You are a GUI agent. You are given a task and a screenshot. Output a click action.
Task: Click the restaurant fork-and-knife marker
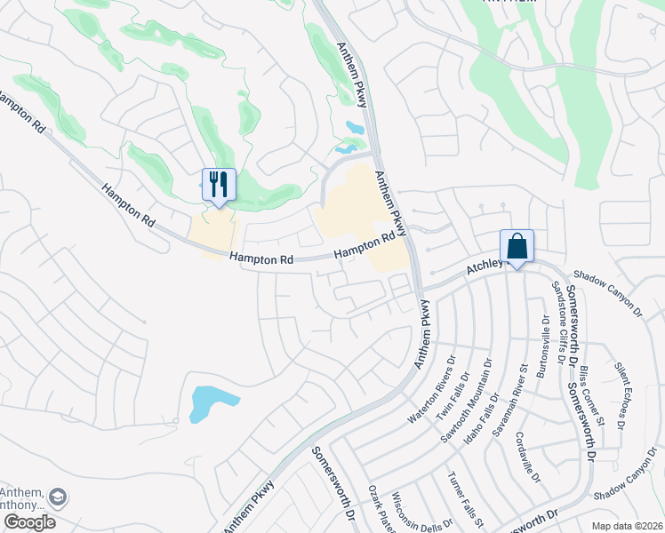[x=219, y=185]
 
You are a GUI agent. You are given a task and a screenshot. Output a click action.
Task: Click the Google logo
[x=29, y=522]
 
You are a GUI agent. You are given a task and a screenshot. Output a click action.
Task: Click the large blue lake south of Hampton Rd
[x=212, y=402]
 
